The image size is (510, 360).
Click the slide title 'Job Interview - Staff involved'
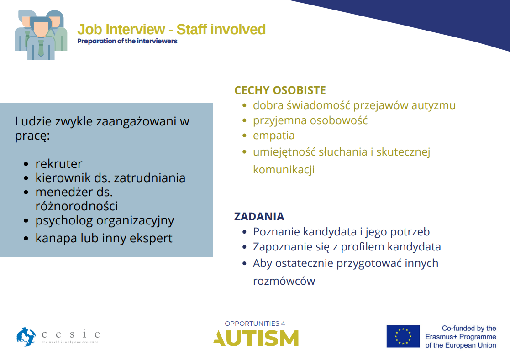click(x=171, y=29)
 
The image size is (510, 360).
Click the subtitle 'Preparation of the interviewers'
click(x=127, y=41)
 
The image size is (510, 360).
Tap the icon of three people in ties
click(x=41, y=35)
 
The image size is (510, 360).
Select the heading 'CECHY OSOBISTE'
click(x=280, y=90)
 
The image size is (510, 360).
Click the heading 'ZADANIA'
click(x=259, y=216)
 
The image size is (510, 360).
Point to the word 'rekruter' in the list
click(x=59, y=163)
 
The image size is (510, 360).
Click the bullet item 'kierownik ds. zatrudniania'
click(x=110, y=177)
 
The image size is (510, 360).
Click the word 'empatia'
click(x=273, y=136)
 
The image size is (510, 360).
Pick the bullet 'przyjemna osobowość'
click(x=310, y=120)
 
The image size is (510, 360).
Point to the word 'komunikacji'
click(x=284, y=170)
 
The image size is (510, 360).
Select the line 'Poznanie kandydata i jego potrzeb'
click(x=341, y=232)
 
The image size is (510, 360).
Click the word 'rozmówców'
click(x=284, y=281)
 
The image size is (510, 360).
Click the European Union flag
click(x=403, y=336)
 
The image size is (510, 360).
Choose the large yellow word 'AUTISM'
click(x=256, y=339)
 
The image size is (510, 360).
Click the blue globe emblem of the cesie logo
click(x=26, y=337)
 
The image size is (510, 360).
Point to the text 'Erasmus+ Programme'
click(x=460, y=337)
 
